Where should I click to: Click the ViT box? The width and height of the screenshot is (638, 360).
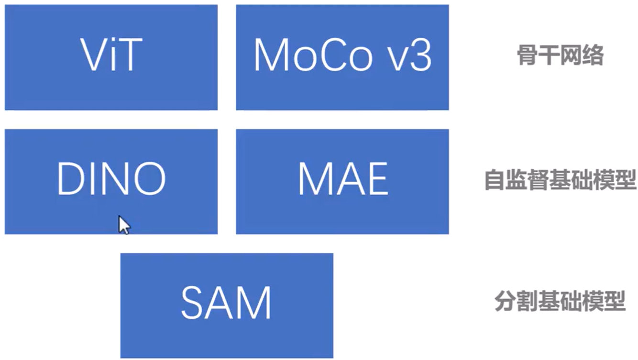(x=111, y=57)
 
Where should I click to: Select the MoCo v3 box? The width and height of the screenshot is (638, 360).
(x=342, y=57)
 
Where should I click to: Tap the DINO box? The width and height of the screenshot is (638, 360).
(x=111, y=182)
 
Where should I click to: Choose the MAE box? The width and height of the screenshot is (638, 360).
(x=342, y=182)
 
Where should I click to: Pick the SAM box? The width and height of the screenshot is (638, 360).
(x=226, y=305)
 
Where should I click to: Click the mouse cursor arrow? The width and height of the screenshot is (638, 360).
(x=123, y=224)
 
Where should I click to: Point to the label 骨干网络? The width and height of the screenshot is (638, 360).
(x=560, y=56)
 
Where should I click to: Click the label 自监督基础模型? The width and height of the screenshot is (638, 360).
(x=560, y=180)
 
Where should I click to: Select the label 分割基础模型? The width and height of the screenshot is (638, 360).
(x=560, y=302)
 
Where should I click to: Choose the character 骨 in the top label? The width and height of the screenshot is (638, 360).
(x=527, y=56)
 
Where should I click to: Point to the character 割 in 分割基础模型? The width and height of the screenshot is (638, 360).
(x=526, y=302)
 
